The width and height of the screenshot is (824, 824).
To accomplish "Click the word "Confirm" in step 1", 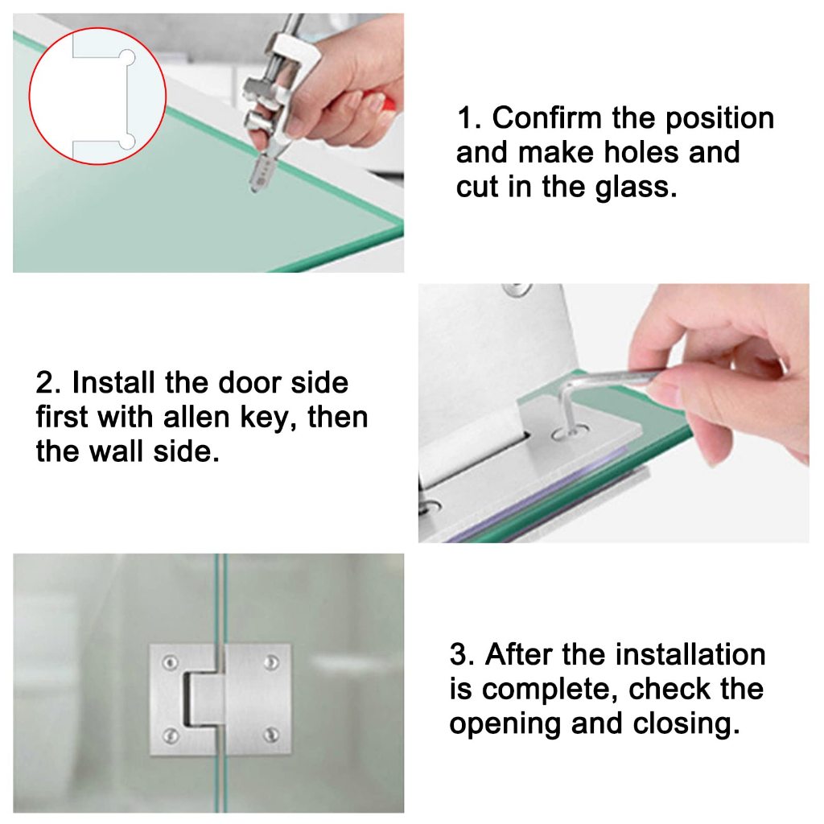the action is point(546,117).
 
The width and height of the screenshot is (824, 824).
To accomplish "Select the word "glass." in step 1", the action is point(636,188).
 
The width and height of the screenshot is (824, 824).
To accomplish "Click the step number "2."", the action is point(48,382).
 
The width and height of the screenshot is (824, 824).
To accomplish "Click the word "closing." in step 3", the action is point(686,725).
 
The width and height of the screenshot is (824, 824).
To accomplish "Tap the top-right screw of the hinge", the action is point(271,662).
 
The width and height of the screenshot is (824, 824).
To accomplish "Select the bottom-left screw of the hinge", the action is point(171,735).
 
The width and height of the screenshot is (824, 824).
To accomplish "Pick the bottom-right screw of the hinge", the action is point(271,735).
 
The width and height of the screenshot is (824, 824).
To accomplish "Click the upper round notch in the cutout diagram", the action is point(128,57).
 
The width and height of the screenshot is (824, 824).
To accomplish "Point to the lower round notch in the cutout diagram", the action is point(128,142).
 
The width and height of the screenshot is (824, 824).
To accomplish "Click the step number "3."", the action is point(463,655).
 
